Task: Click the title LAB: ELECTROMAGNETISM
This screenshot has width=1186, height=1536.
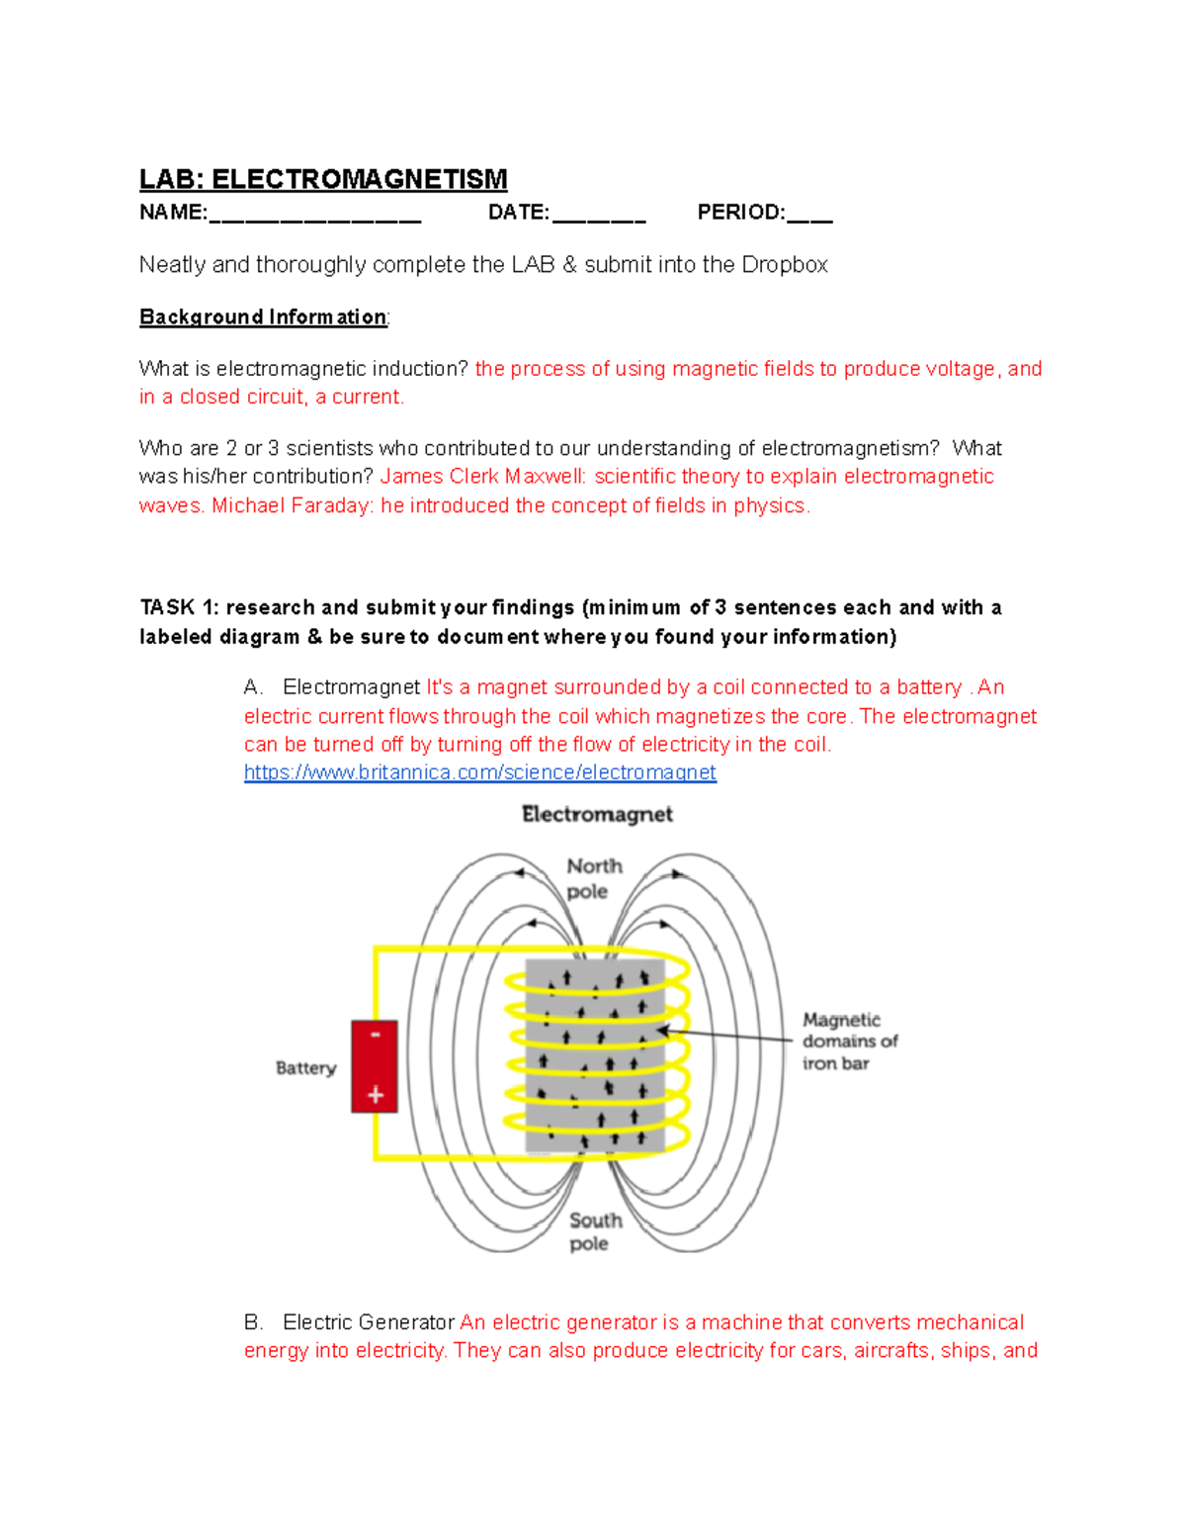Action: tap(323, 179)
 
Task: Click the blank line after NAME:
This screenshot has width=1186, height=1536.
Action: tap(315, 216)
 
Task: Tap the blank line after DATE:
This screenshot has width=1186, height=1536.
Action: tap(599, 216)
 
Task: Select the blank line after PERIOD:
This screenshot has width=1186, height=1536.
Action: tap(810, 216)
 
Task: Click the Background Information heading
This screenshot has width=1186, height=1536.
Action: tap(263, 316)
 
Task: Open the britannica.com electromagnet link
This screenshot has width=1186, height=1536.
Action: tap(479, 772)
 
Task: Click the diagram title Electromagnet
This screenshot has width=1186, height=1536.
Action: tap(597, 814)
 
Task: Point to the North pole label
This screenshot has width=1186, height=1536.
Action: tap(593, 878)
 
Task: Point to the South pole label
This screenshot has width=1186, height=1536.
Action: tap(594, 1231)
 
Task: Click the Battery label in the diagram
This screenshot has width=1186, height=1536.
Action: tap(305, 1068)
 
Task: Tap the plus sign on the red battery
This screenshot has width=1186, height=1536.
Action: tap(376, 1095)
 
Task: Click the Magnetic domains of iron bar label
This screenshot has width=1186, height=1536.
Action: tap(849, 1041)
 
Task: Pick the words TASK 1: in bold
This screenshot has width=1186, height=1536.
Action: tap(179, 607)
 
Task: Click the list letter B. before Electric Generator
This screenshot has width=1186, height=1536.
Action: tap(253, 1322)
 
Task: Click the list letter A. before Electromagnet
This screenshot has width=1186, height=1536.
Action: tap(253, 687)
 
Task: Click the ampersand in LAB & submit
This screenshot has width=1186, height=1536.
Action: tap(569, 265)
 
